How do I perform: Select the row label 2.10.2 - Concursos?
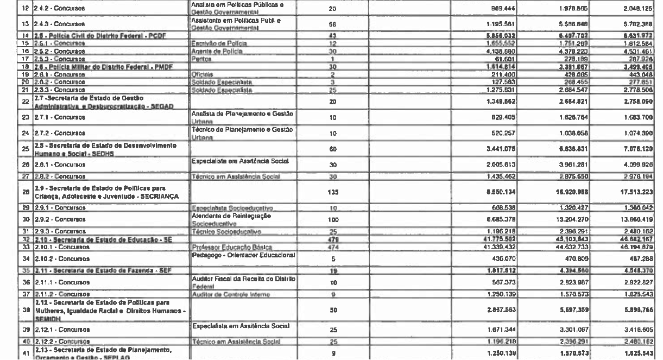pos(43,258)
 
